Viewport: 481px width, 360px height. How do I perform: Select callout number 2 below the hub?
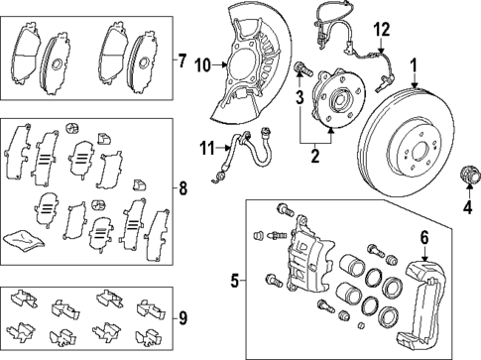(x=313, y=155)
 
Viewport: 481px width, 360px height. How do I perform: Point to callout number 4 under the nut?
(x=466, y=208)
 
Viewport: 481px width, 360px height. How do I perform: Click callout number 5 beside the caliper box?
(x=235, y=281)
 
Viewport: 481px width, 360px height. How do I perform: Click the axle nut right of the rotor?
(x=463, y=179)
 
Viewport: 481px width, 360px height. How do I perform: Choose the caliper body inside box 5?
(x=304, y=267)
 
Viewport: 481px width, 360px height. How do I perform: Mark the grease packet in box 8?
(x=22, y=236)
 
